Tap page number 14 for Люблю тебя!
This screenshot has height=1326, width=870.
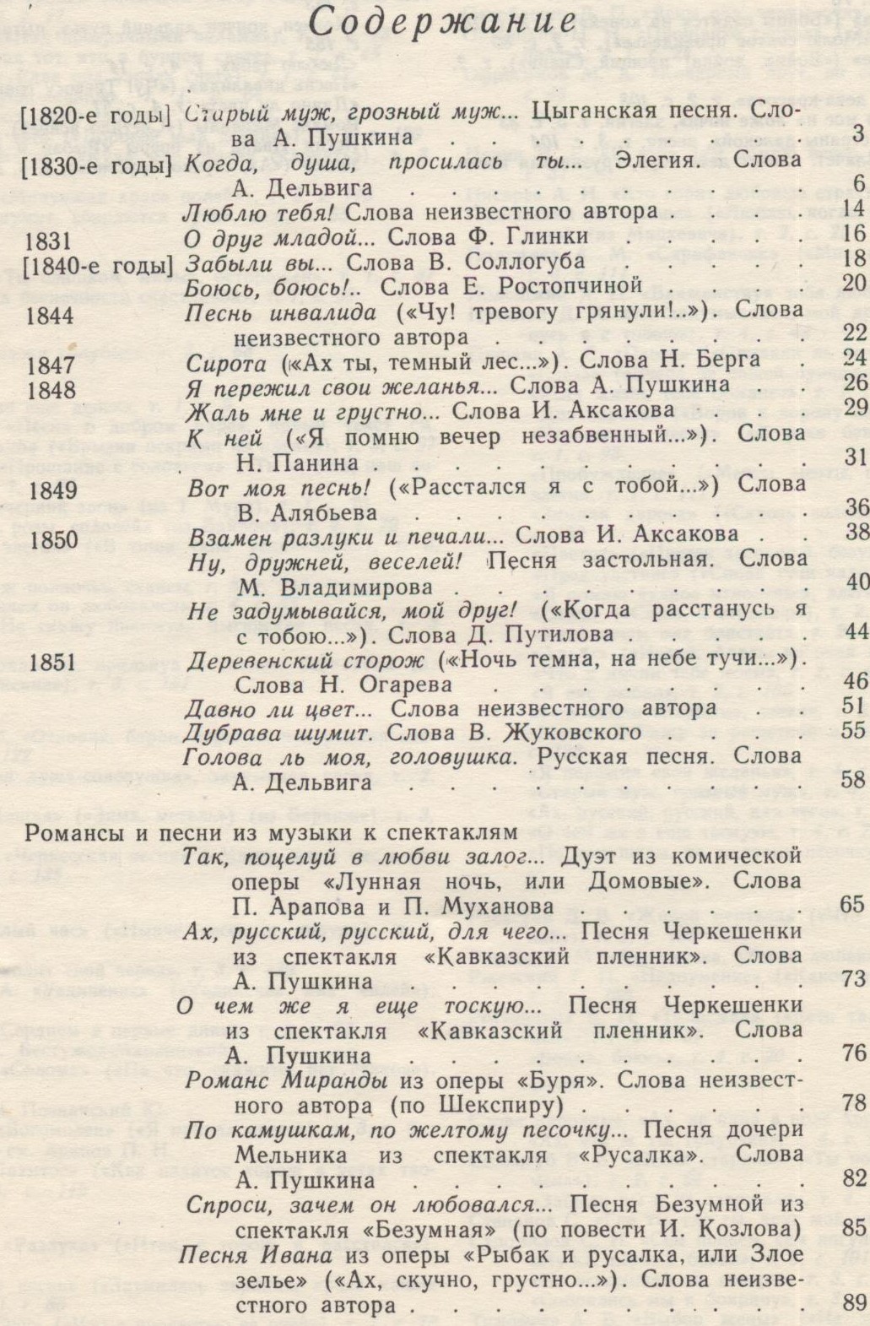coord(853,210)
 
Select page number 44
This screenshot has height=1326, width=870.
coord(853,632)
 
